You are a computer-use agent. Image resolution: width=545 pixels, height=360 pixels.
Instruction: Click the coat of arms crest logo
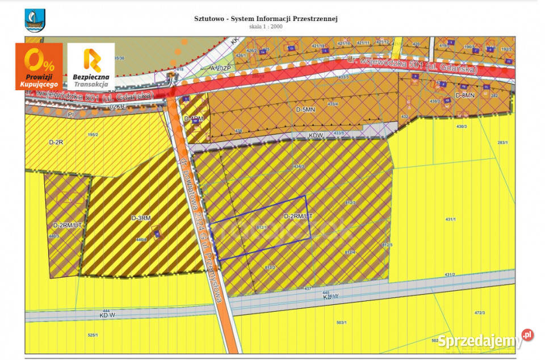tap(35, 21)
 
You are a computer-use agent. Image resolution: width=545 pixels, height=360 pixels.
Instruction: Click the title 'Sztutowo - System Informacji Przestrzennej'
tap(266, 18)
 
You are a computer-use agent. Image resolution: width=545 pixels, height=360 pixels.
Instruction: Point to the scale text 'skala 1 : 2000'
tap(266, 26)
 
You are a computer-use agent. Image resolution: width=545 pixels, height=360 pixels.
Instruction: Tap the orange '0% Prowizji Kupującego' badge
tap(39, 67)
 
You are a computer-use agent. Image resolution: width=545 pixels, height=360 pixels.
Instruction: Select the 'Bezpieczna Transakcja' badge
tap(91, 67)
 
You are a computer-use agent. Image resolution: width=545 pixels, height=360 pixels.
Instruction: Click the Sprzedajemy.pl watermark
tap(484, 340)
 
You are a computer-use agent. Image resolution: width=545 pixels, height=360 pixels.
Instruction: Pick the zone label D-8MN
tap(464, 95)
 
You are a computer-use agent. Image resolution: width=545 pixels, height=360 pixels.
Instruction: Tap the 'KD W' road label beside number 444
tap(107, 314)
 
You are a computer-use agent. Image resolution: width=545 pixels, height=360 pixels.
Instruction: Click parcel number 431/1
tap(451, 219)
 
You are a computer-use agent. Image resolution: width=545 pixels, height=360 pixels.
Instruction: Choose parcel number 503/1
tap(341, 323)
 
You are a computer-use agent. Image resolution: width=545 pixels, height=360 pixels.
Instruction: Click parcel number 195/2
tap(93, 135)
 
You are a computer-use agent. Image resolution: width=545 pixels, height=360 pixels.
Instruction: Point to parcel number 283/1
tap(501, 142)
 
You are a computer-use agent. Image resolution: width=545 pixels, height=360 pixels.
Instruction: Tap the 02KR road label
tap(117, 106)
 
